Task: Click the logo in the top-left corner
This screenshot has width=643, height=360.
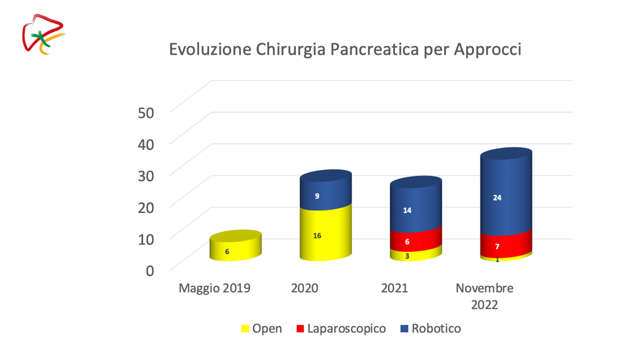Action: tap(44, 34)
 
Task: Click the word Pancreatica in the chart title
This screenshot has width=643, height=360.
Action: tap(375, 49)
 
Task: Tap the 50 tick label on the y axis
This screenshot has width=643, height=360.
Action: tap(146, 113)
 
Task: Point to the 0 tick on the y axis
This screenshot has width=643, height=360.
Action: tap(150, 271)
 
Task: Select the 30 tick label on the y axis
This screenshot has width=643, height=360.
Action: tap(146, 176)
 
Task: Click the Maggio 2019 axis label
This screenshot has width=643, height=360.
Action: tap(214, 288)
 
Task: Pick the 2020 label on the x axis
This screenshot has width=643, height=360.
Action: tap(304, 288)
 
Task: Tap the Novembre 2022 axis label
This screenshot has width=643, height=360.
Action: tap(484, 296)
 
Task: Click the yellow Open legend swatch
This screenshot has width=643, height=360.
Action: tap(245, 329)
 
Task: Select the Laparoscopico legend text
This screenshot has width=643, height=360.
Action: tap(346, 329)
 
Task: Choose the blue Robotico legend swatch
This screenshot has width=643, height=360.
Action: tap(404, 329)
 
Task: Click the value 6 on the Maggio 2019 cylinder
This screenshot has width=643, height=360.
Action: tap(227, 252)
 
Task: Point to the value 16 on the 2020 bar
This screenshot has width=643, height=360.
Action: tap(317, 235)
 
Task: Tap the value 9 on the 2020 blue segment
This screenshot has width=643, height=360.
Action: tap(317, 196)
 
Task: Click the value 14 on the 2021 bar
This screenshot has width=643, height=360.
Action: tap(407, 210)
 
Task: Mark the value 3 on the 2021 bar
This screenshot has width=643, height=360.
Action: tap(407, 256)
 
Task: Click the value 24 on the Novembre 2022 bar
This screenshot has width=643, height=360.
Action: tap(497, 198)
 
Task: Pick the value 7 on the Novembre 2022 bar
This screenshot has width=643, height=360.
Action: tap(497, 247)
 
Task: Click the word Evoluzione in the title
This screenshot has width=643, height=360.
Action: tap(210, 49)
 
